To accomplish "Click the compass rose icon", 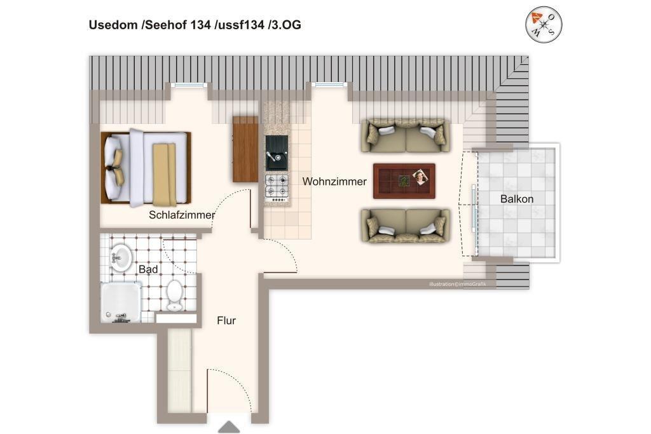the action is (x=544, y=25).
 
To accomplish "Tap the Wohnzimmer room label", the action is (x=334, y=181).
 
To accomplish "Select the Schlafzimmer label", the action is (x=182, y=215).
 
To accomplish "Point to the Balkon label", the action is (x=516, y=199).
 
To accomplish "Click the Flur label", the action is (x=226, y=320).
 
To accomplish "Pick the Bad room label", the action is (x=148, y=269).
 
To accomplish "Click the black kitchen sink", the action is (x=277, y=153).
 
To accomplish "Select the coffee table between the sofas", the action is (x=404, y=181).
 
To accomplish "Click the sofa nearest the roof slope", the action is (x=405, y=135).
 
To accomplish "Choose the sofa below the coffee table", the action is (x=405, y=226).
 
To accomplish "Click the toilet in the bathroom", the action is (x=175, y=295).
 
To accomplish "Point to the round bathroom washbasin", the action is (x=121, y=257).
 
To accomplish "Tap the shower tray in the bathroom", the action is (x=121, y=302).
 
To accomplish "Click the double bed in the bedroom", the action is (x=146, y=168).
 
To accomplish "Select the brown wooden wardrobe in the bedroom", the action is (x=245, y=149).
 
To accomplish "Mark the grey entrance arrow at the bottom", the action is (x=229, y=427).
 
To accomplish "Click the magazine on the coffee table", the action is (x=421, y=177).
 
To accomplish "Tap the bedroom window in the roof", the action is (x=189, y=85).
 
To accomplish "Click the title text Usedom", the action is (x=113, y=25).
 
